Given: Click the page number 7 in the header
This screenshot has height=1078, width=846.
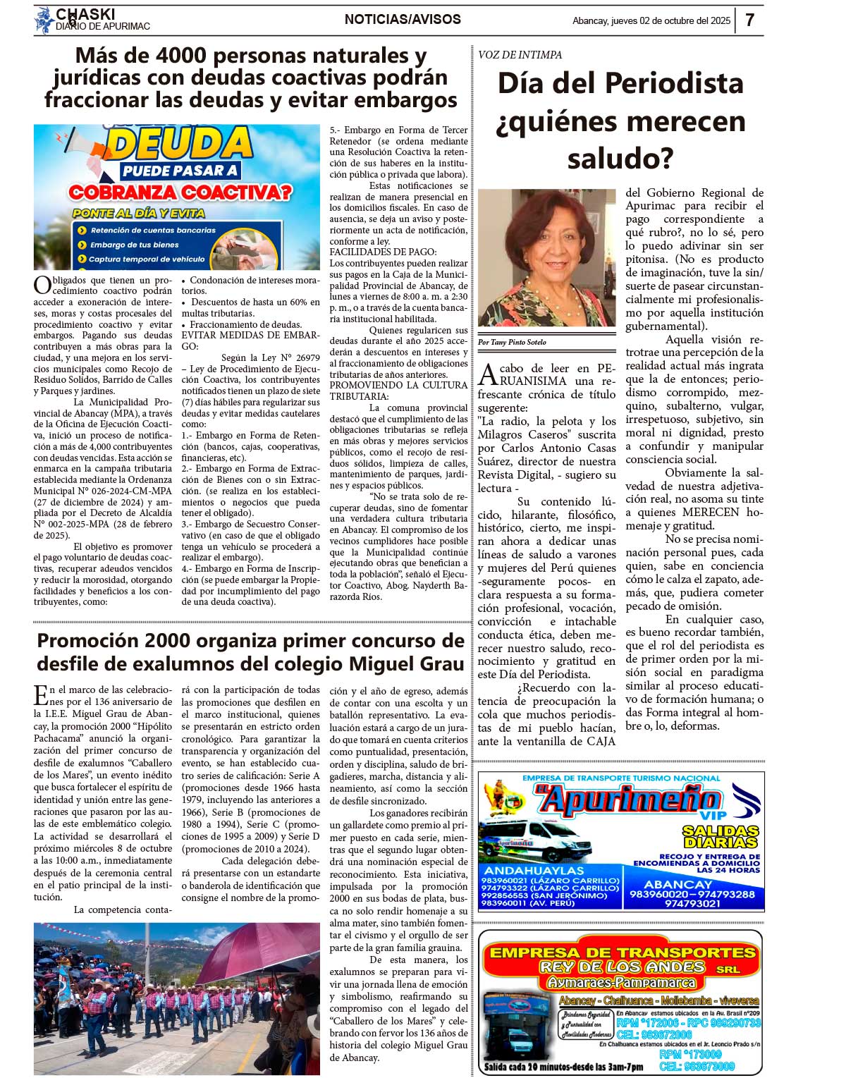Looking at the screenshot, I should [x=749, y=20].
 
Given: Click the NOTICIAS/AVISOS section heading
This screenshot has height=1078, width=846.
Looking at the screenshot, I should [x=403, y=20].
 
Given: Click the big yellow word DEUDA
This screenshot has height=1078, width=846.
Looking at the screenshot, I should [x=180, y=144].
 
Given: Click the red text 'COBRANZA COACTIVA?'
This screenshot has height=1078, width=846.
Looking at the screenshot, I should [x=180, y=192].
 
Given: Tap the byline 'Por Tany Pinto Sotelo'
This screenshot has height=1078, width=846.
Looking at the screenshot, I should [x=512, y=342].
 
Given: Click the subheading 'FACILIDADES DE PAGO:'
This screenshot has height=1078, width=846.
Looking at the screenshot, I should [x=383, y=252].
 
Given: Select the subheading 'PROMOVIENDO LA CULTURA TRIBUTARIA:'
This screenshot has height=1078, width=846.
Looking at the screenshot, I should [x=398, y=391].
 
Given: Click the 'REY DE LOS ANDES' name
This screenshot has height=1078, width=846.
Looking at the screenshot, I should [x=622, y=967].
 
